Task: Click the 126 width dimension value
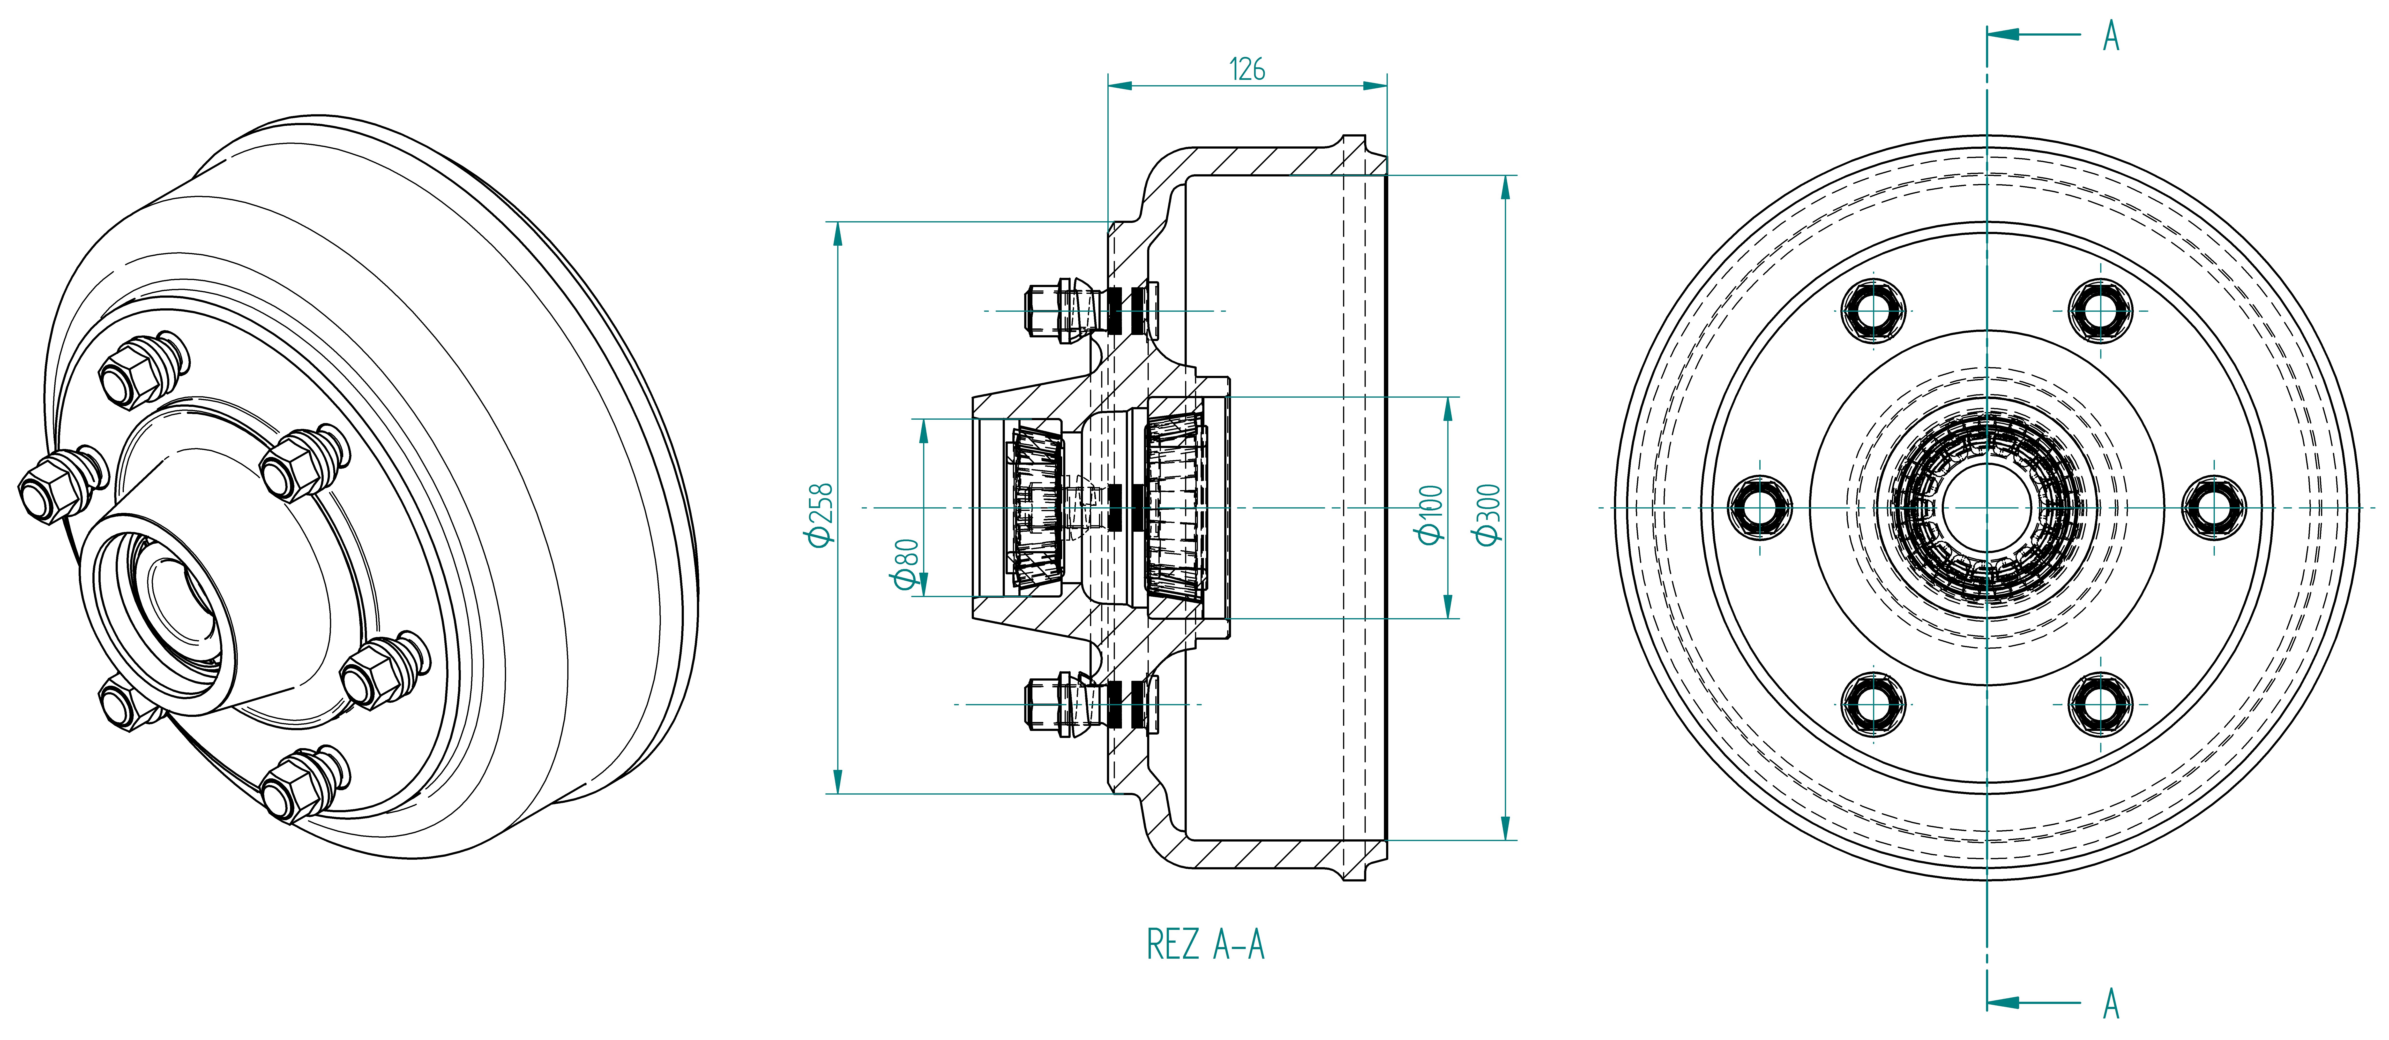click(x=1247, y=69)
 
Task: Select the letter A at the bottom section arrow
click(x=2112, y=1003)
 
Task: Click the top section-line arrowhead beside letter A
click(x=2003, y=34)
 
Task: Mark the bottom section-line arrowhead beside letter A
click(x=2003, y=1003)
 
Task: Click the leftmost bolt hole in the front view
click(x=1760, y=507)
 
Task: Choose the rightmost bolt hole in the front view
click(x=2214, y=507)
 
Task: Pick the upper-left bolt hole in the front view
click(x=1873, y=310)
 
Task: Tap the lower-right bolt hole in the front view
click(x=2101, y=704)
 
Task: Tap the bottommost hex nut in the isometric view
click(x=297, y=787)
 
